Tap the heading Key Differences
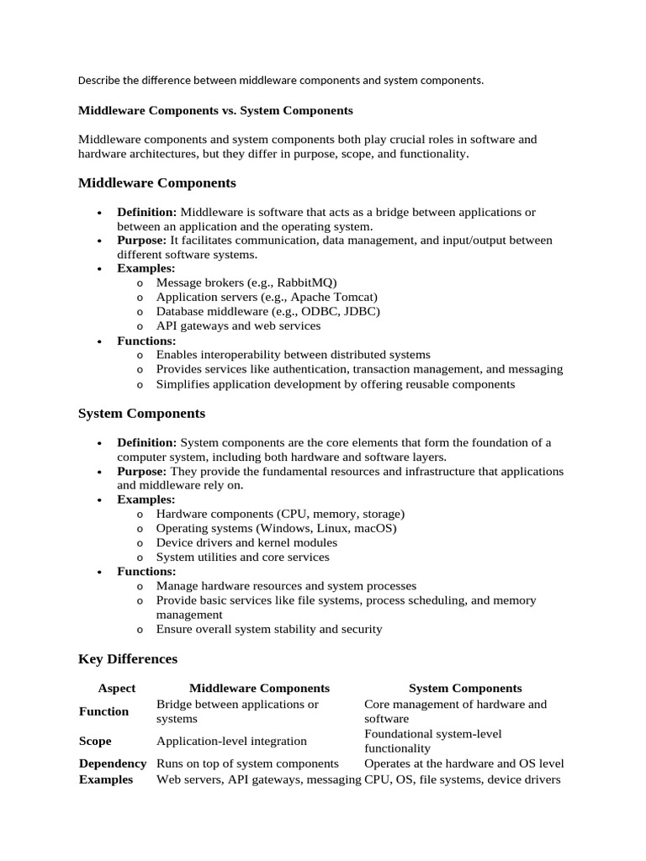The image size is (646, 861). [128, 659]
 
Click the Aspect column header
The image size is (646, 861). [116, 688]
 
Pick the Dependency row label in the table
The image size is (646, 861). [113, 763]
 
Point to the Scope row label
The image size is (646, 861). [95, 741]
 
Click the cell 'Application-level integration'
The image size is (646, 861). [231, 741]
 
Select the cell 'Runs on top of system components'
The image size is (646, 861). [247, 763]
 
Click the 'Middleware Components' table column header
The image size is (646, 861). [259, 688]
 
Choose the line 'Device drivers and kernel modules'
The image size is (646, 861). [246, 542]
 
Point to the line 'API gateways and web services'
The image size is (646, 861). [238, 325]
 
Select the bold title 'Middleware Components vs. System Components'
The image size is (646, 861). [215, 110]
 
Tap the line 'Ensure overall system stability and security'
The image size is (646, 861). [269, 629]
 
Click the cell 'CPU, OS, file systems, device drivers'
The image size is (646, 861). [462, 779]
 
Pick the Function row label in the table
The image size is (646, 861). [103, 711]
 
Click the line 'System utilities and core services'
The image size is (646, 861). [243, 557]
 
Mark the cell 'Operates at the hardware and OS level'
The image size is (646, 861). [463, 763]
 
